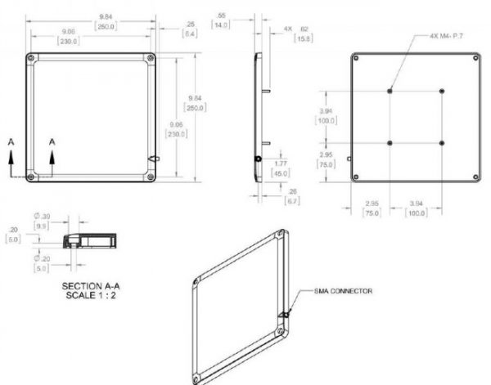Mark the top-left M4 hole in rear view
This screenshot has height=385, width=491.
click(390, 90)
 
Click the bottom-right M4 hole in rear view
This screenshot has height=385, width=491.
click(442, 143)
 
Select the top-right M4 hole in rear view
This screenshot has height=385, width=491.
click(442, 90)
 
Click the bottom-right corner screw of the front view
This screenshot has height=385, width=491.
click(151, 177)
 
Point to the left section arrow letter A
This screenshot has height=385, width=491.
click(11, 141)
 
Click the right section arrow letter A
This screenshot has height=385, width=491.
click(52, 141)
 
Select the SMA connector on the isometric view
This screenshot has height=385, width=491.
click(282, 315)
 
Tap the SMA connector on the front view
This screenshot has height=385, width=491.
click(153, 159)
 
